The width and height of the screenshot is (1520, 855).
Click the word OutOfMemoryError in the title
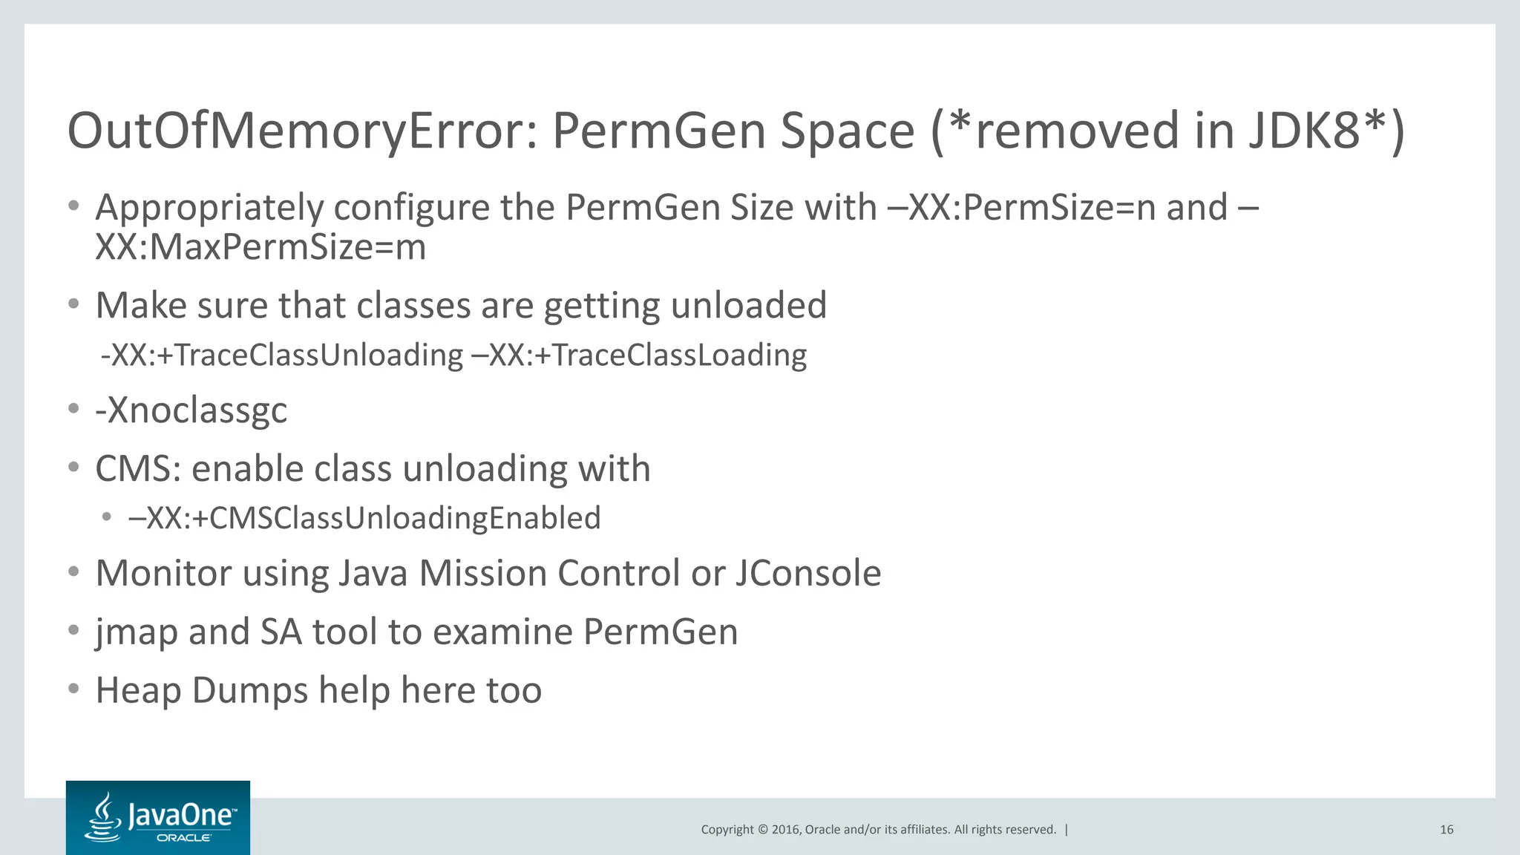pos(301,131)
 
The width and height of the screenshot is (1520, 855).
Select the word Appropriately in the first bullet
pos(209,207)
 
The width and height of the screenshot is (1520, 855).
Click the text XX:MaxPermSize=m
pos(261,247)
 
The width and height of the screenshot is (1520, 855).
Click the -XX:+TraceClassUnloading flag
pos(282,355)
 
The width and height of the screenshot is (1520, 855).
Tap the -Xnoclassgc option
pos(191,410)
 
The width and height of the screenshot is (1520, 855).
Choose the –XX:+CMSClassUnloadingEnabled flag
pos(364,518)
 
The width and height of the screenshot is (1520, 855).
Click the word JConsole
pos(808,573)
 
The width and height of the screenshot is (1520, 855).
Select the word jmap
pos(137,632)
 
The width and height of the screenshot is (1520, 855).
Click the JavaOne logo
pos(158,817)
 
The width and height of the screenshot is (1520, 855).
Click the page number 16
pos(1447,830)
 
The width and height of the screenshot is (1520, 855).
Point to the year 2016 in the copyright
pos(786,830)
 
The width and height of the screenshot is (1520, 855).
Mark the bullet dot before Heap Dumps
pos(73,689)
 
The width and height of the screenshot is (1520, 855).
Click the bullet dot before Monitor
pos(73,571)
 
